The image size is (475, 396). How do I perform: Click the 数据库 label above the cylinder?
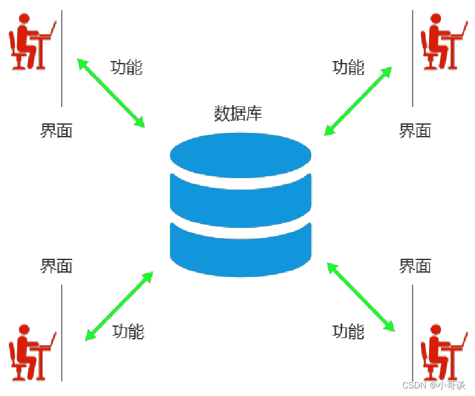point(238,113)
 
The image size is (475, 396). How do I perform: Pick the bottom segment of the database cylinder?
point(241,250)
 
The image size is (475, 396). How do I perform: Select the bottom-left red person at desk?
point(32,353)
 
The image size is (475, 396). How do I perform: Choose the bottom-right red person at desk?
point(444,353)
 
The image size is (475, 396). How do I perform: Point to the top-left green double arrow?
point(111,93)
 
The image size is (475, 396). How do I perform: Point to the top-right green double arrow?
point(358,101)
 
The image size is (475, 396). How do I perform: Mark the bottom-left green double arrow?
point(119,306)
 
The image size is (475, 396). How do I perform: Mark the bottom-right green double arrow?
point(361,297)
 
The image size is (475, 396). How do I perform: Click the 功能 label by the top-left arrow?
point(127,67)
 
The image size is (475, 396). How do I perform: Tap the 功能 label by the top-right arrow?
point(348,67)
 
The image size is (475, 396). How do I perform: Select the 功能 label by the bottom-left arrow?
point(129,331)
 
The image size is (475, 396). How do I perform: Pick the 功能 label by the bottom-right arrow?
point(348,331)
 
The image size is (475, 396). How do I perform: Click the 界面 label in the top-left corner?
point(57,131)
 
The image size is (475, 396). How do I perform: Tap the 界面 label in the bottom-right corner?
point(415,266)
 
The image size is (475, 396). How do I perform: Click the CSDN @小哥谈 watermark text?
point(433,385)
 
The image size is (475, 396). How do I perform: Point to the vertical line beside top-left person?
point(62,58)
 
